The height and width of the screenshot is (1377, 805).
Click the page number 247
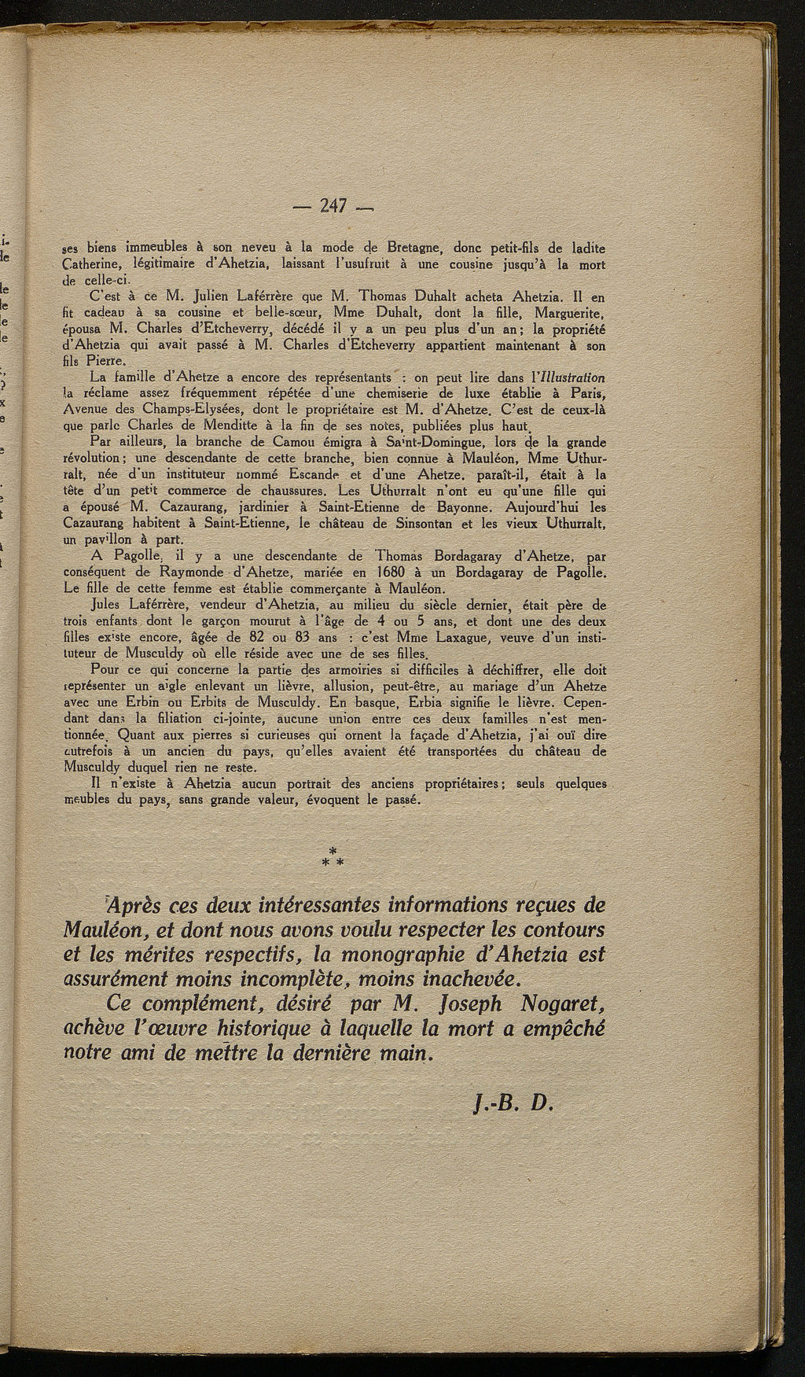pyautogui.click(x=333, y=208)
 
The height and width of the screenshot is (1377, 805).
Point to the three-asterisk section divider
pyautogui.click(x=333, y=856)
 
